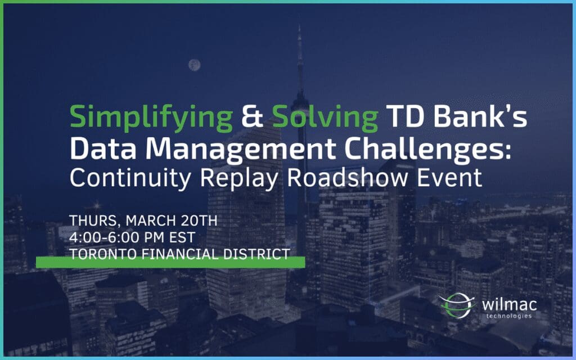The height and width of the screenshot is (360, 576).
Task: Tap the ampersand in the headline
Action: tap(253, 118)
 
